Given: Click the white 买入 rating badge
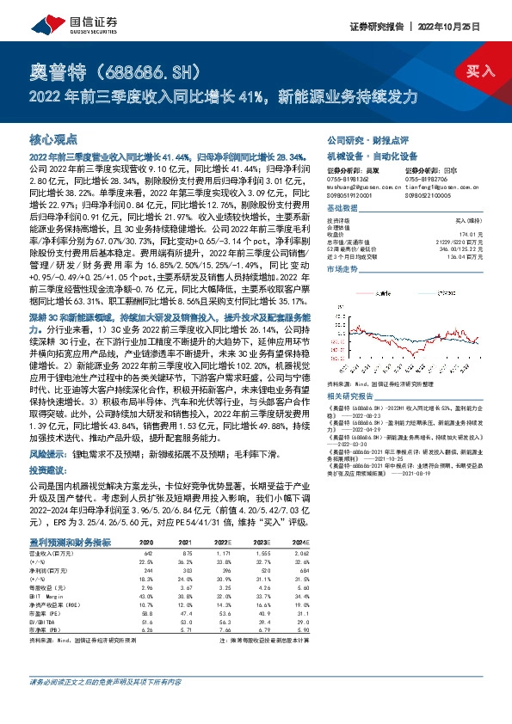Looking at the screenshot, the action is (481, 71).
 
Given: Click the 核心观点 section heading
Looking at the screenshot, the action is (53, 138).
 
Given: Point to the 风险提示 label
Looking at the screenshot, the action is (47, 451).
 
